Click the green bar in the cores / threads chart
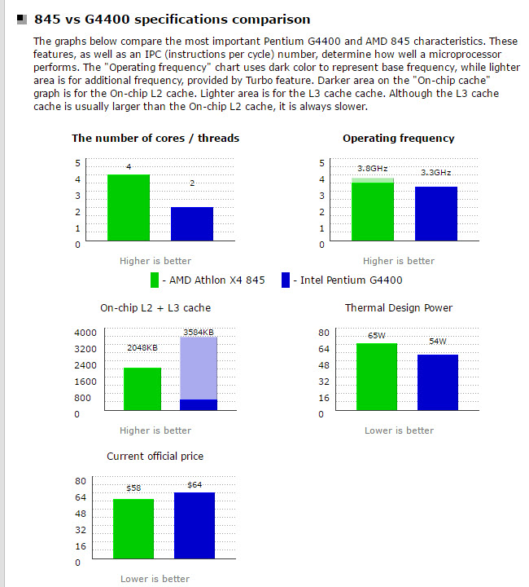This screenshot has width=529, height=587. [x=129, y=208]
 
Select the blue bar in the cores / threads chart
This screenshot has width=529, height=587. [x=192, y=224]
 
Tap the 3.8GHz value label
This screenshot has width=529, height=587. [x=373, y=169]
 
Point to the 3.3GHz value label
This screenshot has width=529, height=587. [x=435, y=173]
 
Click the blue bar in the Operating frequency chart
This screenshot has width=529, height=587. [x=436, y=214]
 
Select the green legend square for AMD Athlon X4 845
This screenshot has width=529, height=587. [x=155, y=280]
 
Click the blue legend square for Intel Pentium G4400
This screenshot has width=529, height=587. [x=286, y=280]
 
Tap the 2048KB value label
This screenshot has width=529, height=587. [x=142, y=348]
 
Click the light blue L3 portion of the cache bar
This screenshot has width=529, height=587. [x=199, y=367]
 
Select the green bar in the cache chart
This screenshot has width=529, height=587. [x=142, y=390]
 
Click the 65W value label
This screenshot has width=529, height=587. [x=377, y=335]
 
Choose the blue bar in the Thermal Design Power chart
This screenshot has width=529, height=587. [x=438, y=383]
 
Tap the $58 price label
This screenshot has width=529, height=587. [x=134, y=488]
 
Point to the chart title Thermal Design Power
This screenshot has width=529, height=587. [x=399, y=308]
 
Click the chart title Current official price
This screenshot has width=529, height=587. [x=155, y=457]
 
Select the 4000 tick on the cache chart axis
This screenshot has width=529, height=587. [x=85, y=333]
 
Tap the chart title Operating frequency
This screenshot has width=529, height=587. [x=399, y=139]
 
